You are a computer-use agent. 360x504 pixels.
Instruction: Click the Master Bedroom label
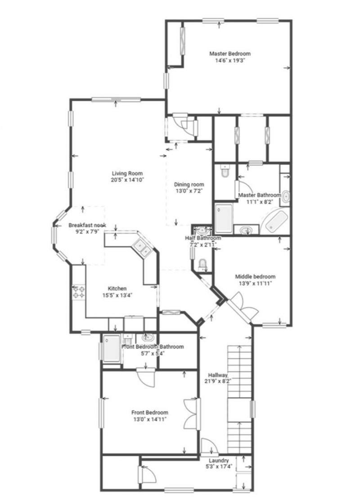point(229,54)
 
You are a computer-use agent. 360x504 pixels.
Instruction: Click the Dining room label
point(189,184)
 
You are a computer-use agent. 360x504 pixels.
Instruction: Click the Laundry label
point(219,461)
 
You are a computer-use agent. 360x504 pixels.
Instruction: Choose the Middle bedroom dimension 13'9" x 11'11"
point(255,284)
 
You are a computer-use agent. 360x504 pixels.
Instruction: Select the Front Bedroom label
point(150,413)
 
